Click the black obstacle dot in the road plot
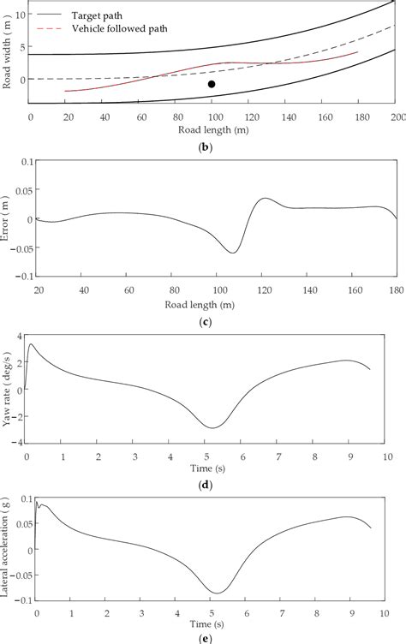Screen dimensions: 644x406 (x=212, y=84)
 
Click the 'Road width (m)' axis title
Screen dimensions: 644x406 (x=7, y=52)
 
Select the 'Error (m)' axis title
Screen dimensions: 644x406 (x=7, y=219)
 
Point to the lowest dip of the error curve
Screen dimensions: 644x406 (x=233, y=253)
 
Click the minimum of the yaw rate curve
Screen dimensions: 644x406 (x=214, y=427)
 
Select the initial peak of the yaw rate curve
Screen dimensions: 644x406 (x=31, y=344)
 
